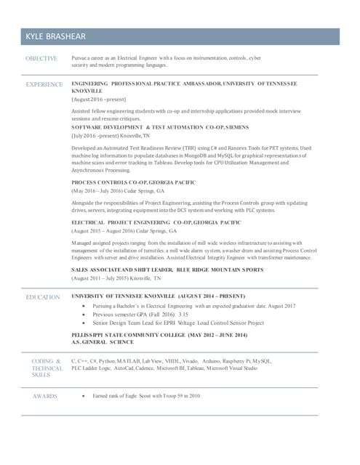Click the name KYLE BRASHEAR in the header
point(55,36)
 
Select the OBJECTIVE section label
point(41,57)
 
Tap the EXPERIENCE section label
point(44,84)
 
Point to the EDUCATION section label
point(43,297)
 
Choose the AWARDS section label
point(44,396)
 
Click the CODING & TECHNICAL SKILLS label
point(46,368)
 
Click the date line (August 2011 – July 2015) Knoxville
point(116,278)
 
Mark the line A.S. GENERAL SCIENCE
point(103,341)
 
